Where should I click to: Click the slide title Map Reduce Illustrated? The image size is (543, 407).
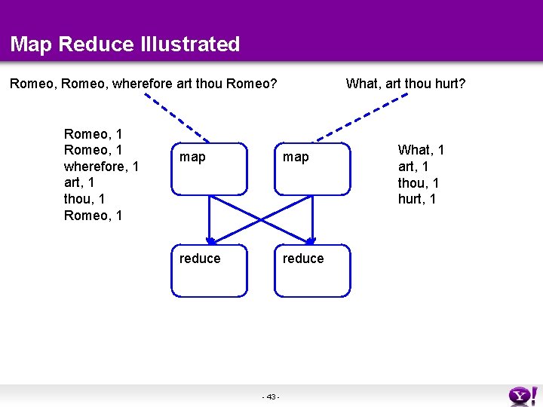(x=125, y=44)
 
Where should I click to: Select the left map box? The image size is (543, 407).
(x=209, y=169)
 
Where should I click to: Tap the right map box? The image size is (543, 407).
(x=312, y=169)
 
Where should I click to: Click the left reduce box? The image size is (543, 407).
(x=209, y=270)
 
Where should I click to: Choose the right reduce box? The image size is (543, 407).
(x=312, y=270)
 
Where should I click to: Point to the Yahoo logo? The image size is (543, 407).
(x=523, y=395)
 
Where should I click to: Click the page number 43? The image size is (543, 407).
(x=271, y=397)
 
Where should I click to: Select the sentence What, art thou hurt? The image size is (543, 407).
(x=405, y=83)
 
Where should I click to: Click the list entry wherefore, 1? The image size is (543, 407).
(x=101, y=167)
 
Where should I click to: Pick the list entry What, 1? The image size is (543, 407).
(x=421, y=150)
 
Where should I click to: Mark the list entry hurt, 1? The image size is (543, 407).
(x=417, y=200)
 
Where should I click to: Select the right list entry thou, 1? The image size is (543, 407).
(x=419, y=183)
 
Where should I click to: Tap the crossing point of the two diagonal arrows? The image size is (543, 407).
(x=261, y=219)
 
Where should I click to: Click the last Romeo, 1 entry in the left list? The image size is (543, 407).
(x=94, y=216)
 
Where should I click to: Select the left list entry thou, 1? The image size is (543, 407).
(x=84, y=200)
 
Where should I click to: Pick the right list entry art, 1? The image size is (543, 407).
(x=413, y=167)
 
